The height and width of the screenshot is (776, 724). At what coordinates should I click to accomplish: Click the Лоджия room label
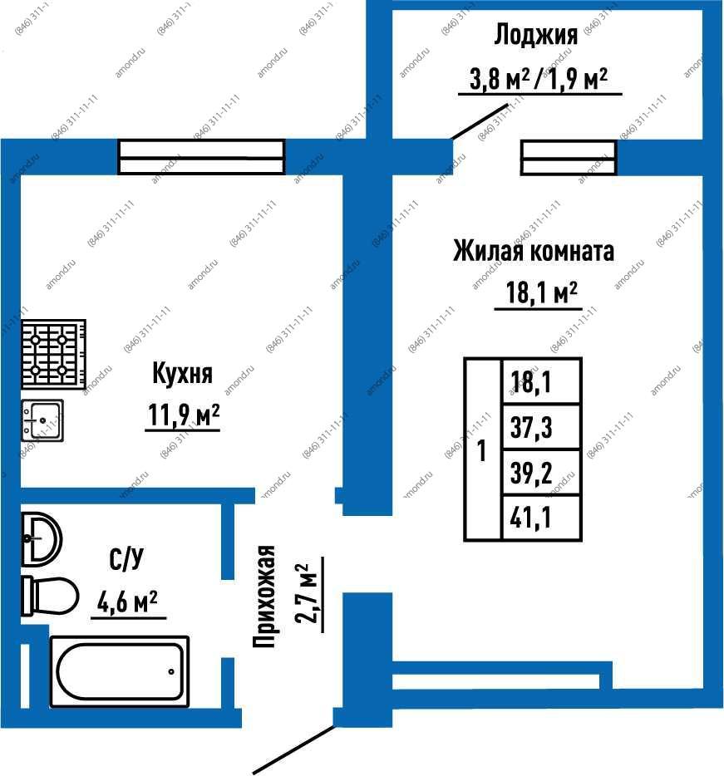(536, 36)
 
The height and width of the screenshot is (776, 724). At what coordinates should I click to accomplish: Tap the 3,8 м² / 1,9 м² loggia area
(539, 78)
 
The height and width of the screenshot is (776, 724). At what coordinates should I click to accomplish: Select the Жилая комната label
(534, 251)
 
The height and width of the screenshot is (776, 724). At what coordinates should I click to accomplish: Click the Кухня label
(182, 373)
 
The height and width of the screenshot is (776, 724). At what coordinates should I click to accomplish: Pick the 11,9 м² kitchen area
(183, 415)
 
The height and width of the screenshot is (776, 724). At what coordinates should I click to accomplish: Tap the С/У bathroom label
(126, 559)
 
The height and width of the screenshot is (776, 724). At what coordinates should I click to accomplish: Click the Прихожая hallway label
(263, 597)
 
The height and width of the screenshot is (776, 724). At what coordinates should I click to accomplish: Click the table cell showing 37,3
(541, 427)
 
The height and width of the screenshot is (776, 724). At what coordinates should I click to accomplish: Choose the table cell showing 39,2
(541, 472)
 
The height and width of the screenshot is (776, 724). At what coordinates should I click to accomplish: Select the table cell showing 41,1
(541, 518)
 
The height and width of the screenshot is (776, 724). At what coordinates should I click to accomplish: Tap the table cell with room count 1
(482, 449)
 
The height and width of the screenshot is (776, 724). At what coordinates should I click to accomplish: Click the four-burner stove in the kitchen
(53, 354)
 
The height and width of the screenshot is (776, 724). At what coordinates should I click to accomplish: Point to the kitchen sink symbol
(42, 420)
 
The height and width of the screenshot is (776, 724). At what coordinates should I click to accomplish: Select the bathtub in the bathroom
(120, 671)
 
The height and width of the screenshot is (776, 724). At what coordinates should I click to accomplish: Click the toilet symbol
(50, 596)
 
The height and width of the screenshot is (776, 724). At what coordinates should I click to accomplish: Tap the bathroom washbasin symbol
(42, 539)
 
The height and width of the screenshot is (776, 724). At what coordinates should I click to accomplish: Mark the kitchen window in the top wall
(201, 157)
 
